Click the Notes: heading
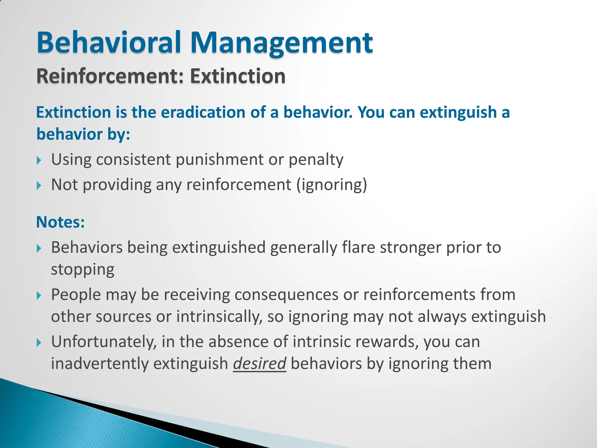point(60,222)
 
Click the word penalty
point(316,160)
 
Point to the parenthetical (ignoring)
point(331,185)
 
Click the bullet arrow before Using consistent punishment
point(39,160)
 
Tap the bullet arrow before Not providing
point(39,185)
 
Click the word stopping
point(82,269)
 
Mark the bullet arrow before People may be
point(39,296)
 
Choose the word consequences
point(286,295)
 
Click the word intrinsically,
point(219,317)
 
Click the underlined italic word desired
point(259,364)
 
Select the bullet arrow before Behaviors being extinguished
point(39,249)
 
